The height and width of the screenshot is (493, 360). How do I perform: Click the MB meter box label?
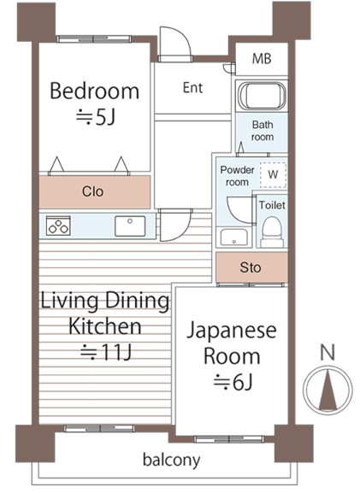tap(262, 59)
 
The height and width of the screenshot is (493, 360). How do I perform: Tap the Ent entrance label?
tap(192, 88)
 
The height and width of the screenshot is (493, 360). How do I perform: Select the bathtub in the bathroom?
tap(262, 96)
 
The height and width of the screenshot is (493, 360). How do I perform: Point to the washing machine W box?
tap(273, 175)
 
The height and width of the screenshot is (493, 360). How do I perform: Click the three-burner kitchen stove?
tap(58, 226)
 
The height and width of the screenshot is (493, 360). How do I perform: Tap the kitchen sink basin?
tap(130, 226)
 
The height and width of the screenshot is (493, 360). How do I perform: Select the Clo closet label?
tap(92, 191)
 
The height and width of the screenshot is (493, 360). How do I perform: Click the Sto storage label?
tap(251, 267)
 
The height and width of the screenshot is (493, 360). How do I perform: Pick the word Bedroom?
tap(94, 91)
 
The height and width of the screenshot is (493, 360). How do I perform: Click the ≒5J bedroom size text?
tap(96, 117)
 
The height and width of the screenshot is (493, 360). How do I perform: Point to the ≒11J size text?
tap(106, 352)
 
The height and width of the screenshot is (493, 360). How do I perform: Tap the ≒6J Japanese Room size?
tap(233, 382)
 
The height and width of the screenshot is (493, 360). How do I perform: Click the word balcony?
tap(171, 460)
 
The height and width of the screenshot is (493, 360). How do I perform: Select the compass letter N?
tap(328, 352)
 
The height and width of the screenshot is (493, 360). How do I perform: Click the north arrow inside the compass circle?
tap(328, 390)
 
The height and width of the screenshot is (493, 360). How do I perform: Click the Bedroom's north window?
tap(94, 39)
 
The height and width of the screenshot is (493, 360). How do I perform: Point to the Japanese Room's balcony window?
tap(228, 439)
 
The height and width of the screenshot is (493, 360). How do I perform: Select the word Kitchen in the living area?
tap(105, 326)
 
